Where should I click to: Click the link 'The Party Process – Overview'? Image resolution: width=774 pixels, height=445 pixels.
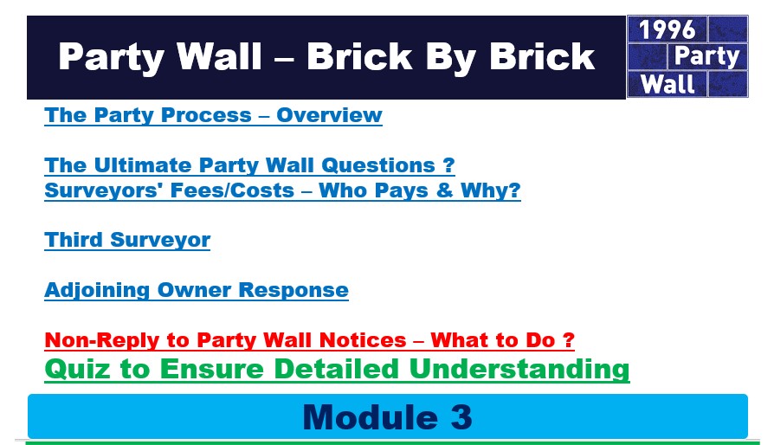213,115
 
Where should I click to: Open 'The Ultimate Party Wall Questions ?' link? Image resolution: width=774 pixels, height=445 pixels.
249,165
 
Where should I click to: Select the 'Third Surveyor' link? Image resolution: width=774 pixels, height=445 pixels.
127,241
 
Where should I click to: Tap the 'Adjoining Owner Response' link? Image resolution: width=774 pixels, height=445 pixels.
197,290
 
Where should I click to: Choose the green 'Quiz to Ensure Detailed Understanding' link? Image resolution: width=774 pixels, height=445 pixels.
337,369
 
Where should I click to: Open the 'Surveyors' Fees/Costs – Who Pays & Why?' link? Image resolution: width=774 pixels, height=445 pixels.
283,190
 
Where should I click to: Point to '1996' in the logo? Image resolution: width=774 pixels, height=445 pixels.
667,29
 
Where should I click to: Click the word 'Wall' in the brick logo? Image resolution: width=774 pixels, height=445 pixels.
668,84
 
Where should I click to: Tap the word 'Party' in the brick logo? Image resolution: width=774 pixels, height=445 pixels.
706,56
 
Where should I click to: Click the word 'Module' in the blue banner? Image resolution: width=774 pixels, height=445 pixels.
371,417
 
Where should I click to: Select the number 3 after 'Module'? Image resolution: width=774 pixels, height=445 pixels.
461,417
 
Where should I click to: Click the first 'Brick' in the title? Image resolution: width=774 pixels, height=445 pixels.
359,57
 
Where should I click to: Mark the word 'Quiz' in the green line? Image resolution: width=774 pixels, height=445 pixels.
77,369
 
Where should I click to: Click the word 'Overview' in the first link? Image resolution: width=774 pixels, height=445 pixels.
329,115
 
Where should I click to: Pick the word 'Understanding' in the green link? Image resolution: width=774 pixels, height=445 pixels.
519,369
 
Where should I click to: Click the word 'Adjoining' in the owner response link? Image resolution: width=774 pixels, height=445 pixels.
97,290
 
